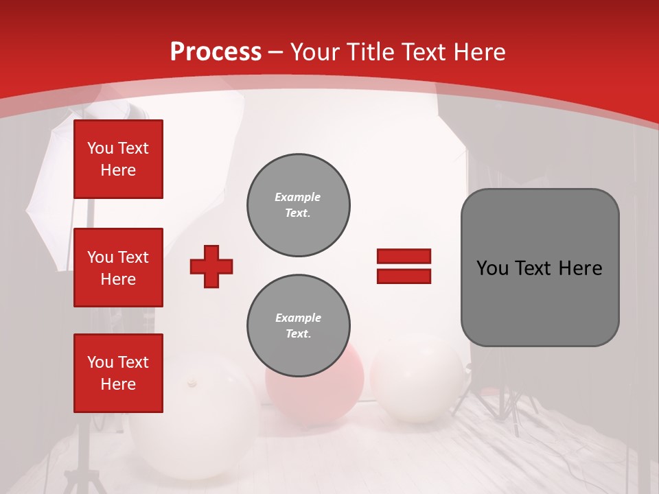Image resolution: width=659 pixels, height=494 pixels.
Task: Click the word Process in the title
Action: tap(216, 52)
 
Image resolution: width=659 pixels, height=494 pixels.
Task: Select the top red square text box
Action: tap(118, 159)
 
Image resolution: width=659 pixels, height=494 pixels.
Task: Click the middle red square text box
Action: tap(118, 268)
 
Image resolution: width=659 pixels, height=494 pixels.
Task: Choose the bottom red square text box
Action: tap(118, 373)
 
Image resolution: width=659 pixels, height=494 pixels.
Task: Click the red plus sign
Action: tap(211, 266)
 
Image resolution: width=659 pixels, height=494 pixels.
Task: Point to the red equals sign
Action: tap(404, 266)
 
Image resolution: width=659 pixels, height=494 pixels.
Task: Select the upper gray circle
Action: tap(299, 205)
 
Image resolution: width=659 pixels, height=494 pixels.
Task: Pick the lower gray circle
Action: tap(299, 326)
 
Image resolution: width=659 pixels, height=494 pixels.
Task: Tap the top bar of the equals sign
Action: tap(404, 257)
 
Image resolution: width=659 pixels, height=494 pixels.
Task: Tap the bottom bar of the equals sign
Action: tap(404, 276)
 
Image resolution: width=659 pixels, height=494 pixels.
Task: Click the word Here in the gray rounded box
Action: tap(580, 268)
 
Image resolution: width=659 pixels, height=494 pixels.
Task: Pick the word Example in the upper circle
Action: tap(298, 197)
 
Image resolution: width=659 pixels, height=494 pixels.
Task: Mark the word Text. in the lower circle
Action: tap(298, 334)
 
